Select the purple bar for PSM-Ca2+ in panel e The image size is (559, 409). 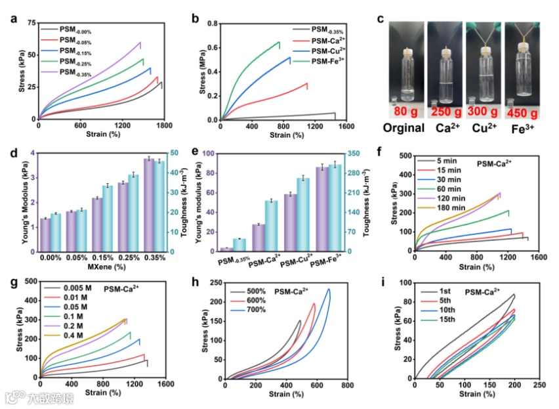click(x=258, y=238)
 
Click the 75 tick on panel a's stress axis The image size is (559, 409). click(x=30, y=23)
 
